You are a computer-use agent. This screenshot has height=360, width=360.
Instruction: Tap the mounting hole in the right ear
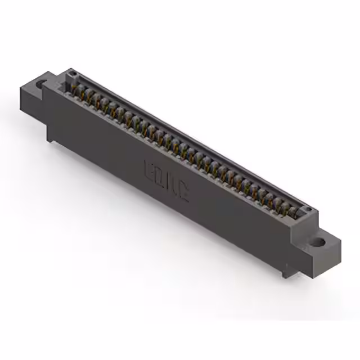click(319, 243)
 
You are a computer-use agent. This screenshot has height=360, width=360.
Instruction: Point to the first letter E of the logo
click(151, 170)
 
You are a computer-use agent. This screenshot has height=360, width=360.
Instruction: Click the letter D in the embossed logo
click(161, 176)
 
